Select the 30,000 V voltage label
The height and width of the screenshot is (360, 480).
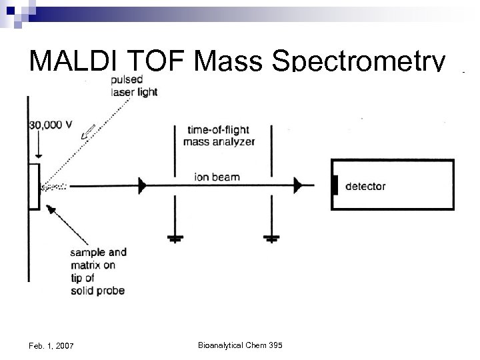click(50, 125)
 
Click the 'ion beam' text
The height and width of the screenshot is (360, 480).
click(217, 177)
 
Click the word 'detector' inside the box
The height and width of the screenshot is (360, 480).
click(365, 187)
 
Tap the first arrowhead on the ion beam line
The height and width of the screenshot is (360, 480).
click(142, 186)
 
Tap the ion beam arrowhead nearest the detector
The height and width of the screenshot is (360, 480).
click(298, 186)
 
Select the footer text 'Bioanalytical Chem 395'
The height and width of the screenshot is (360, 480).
click(240, 345)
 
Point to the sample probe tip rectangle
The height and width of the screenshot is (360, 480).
click(33, 186)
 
